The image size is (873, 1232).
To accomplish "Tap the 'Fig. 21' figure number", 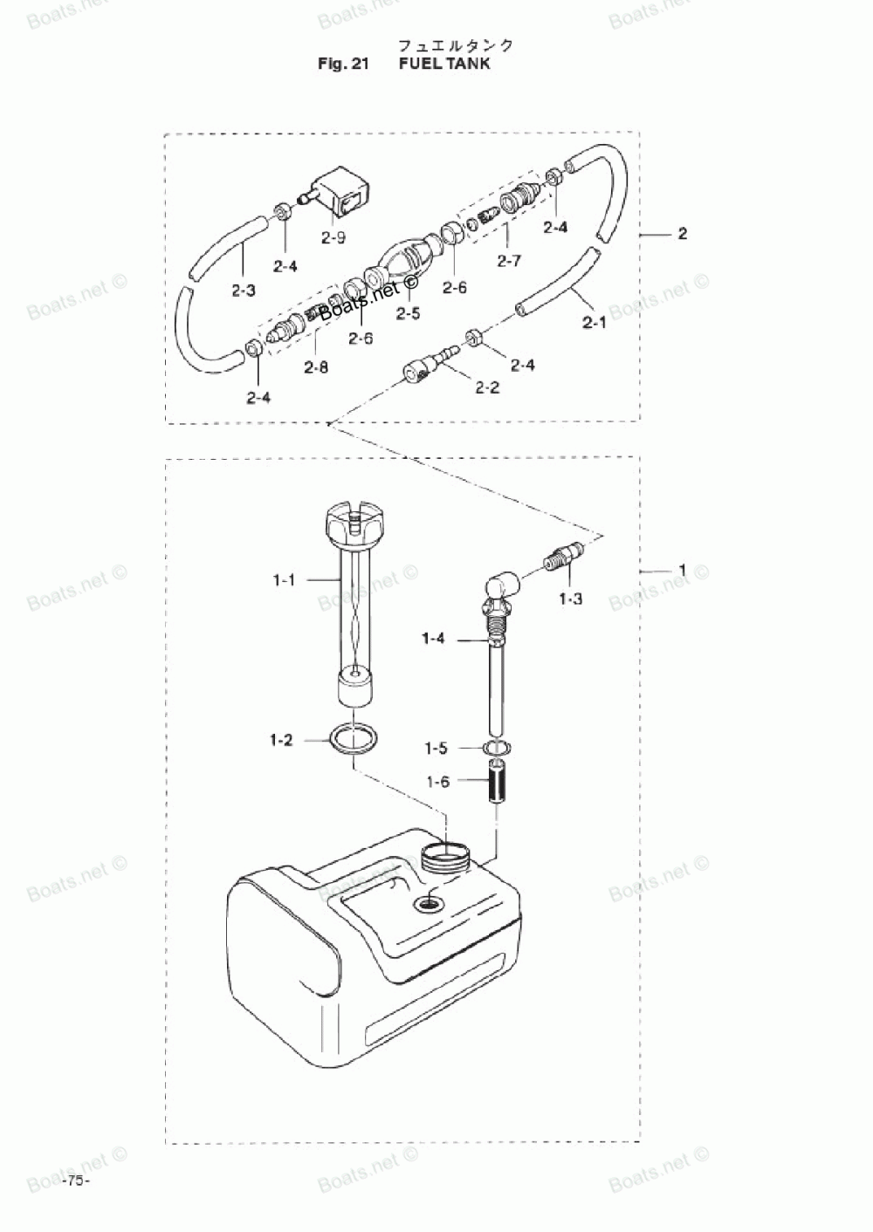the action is point(346,64).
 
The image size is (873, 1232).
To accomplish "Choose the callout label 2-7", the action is point(509,260).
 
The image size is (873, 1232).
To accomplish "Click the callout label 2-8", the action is point(316,367).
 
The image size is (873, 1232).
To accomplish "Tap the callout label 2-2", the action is point(487,387).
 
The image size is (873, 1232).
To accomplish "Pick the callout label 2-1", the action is point(594,324).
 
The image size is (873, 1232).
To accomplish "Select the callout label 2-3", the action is point(244,290).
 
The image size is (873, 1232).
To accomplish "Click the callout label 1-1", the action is point(285,578).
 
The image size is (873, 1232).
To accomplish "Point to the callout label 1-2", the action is point(281,741).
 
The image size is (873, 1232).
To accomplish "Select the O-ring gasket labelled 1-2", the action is point(353,738).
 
